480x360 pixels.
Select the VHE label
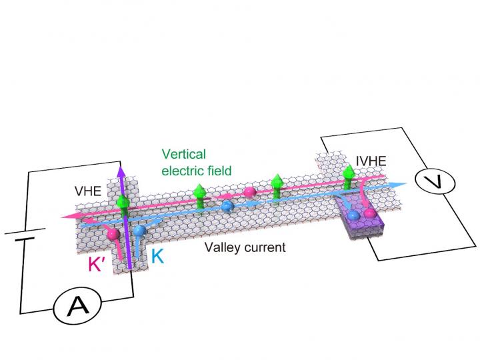click(x=88, y=191)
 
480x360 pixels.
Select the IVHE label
click(x=371, y=161)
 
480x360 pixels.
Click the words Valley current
click(x=245, y=248)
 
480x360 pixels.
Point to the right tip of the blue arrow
click(x=406, y=185)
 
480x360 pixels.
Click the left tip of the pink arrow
click(x=61, y=216)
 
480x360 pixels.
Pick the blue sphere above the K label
click(x=139, y=231)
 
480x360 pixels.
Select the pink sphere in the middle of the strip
click(x=250, y=193)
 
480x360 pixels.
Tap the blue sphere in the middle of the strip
click(x=227, y=206)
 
